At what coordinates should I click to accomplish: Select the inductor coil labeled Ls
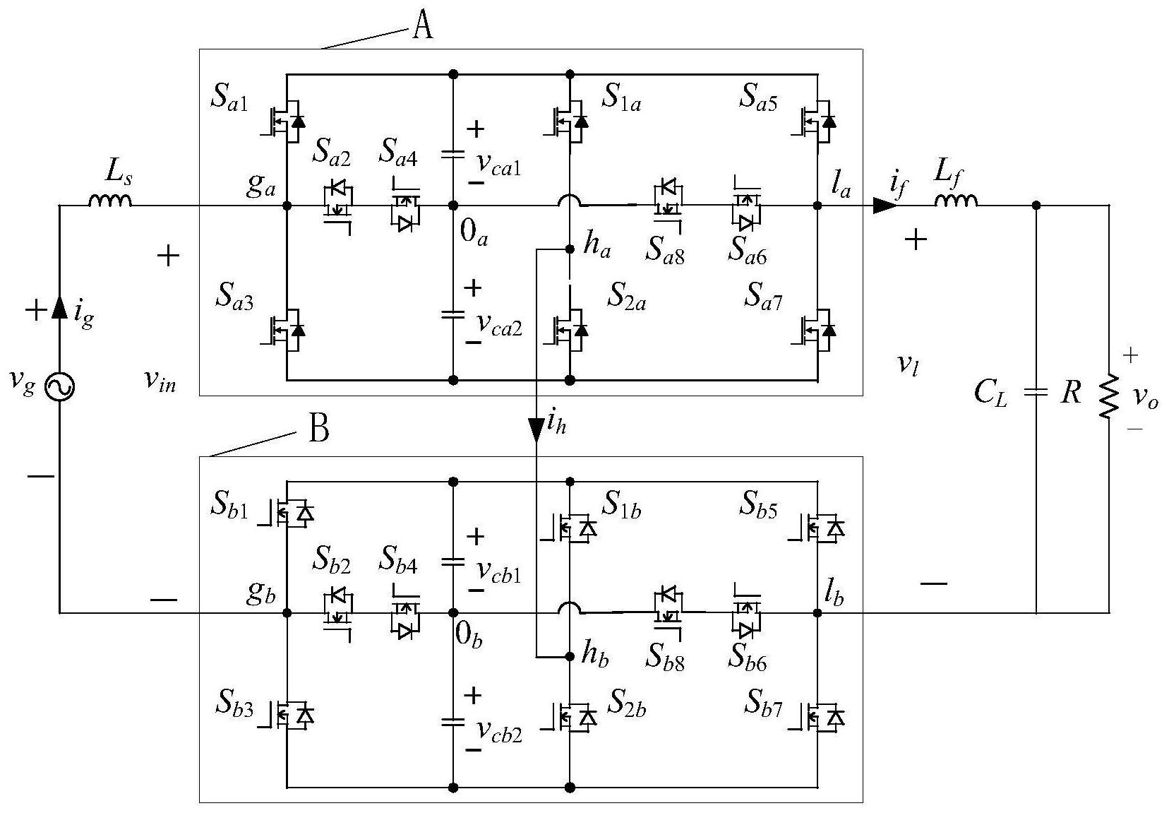pyautogui.click(x=110, y=200)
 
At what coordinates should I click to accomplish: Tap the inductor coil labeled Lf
pyautogui.click(x=956, y=200)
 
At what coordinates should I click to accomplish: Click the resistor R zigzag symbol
pyautogui.click(x=1108, y=396)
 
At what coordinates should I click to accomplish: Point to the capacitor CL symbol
pyautogui.click(x=1036, y=392)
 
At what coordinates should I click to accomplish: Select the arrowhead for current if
pyautogui.click(x=885, y=206)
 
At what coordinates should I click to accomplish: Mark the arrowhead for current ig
pyautogui.click(x=59, y=307)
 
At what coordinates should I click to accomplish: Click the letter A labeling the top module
pyautogui.click(x=422, y=26)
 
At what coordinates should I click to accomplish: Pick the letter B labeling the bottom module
pyautogui.click(x=319, y=429)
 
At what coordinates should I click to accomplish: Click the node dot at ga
pyautogui.click(x=287, y=206)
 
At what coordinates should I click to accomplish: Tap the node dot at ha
pyautogui.click(x=570, y=249)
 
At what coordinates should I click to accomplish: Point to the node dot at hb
pyautogui.click(x=570, y=657)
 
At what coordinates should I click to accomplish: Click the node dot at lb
pyautogui.click(x=817, y=613)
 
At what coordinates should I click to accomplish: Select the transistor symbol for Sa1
pyautogui.click(x=284, y=121)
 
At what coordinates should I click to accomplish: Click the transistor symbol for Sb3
pyautogui.click(x=286, y=714)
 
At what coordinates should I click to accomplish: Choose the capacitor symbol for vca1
pyautogui.click(x=453, y=153)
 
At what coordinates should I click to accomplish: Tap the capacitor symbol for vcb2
pyautogui.click(x=453, y=722)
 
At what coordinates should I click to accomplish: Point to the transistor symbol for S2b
pyautogui.click(x=569, y=715)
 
